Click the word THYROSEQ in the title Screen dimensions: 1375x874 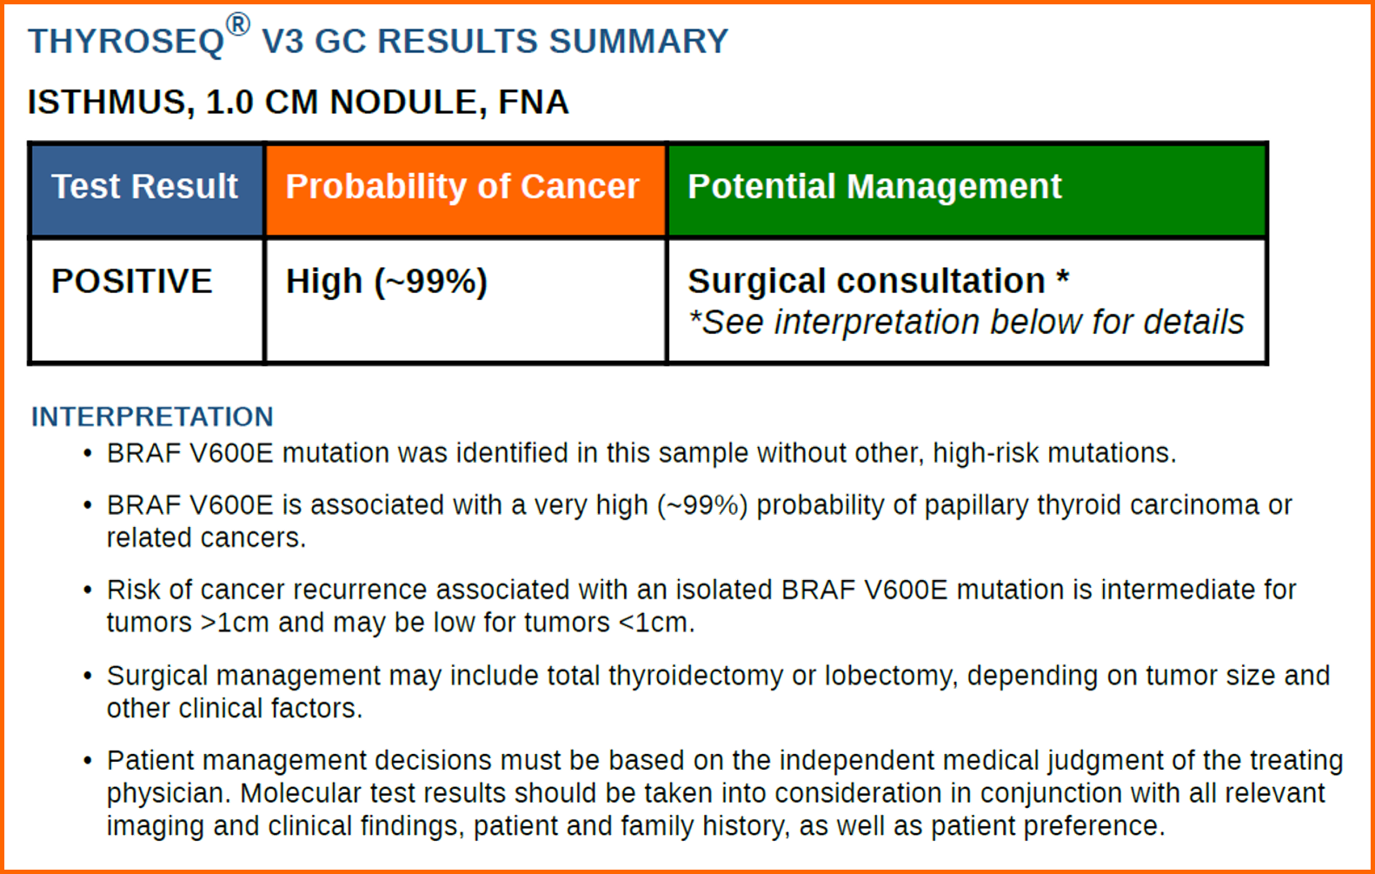126,42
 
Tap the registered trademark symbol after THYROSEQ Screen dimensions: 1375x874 238,25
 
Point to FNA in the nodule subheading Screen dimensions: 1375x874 534,102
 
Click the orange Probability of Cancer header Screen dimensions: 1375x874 466,190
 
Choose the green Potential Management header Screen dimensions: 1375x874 966,190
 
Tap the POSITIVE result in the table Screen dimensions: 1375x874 132,281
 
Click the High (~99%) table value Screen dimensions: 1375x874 387,282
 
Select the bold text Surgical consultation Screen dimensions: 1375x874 867,281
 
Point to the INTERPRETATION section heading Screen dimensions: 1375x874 152,417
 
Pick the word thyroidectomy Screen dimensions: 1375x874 695,677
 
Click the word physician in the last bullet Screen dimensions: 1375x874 169,793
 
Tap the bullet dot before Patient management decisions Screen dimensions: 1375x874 88,761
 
